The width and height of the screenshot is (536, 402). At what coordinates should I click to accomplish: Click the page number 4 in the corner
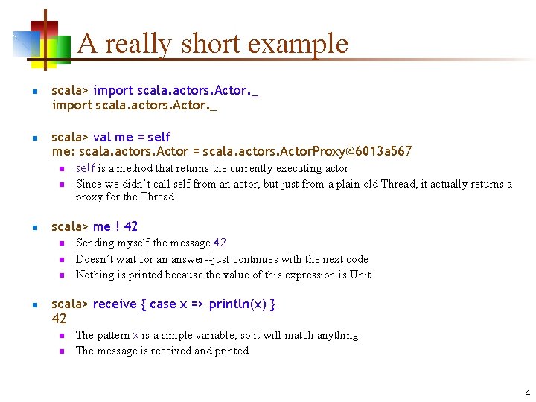(x=527, y=392)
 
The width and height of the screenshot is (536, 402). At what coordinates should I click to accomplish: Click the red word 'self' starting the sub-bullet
(x=86, y=168)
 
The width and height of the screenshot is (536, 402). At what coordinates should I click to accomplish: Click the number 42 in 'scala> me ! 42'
(x=130, y=226)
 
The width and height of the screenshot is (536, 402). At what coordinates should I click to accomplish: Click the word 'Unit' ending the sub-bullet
(x=360, y=275)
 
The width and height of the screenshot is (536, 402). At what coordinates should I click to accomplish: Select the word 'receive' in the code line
(x=115, y=304)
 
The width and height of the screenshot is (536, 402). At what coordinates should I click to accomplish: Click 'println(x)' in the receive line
(x=237, y=304)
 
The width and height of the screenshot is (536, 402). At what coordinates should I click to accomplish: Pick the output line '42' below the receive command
(x=59, y=319)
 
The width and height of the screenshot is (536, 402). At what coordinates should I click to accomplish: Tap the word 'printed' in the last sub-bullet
(x=230, y=351)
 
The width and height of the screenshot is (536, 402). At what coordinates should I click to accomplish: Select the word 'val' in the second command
(x=102, y=137)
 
